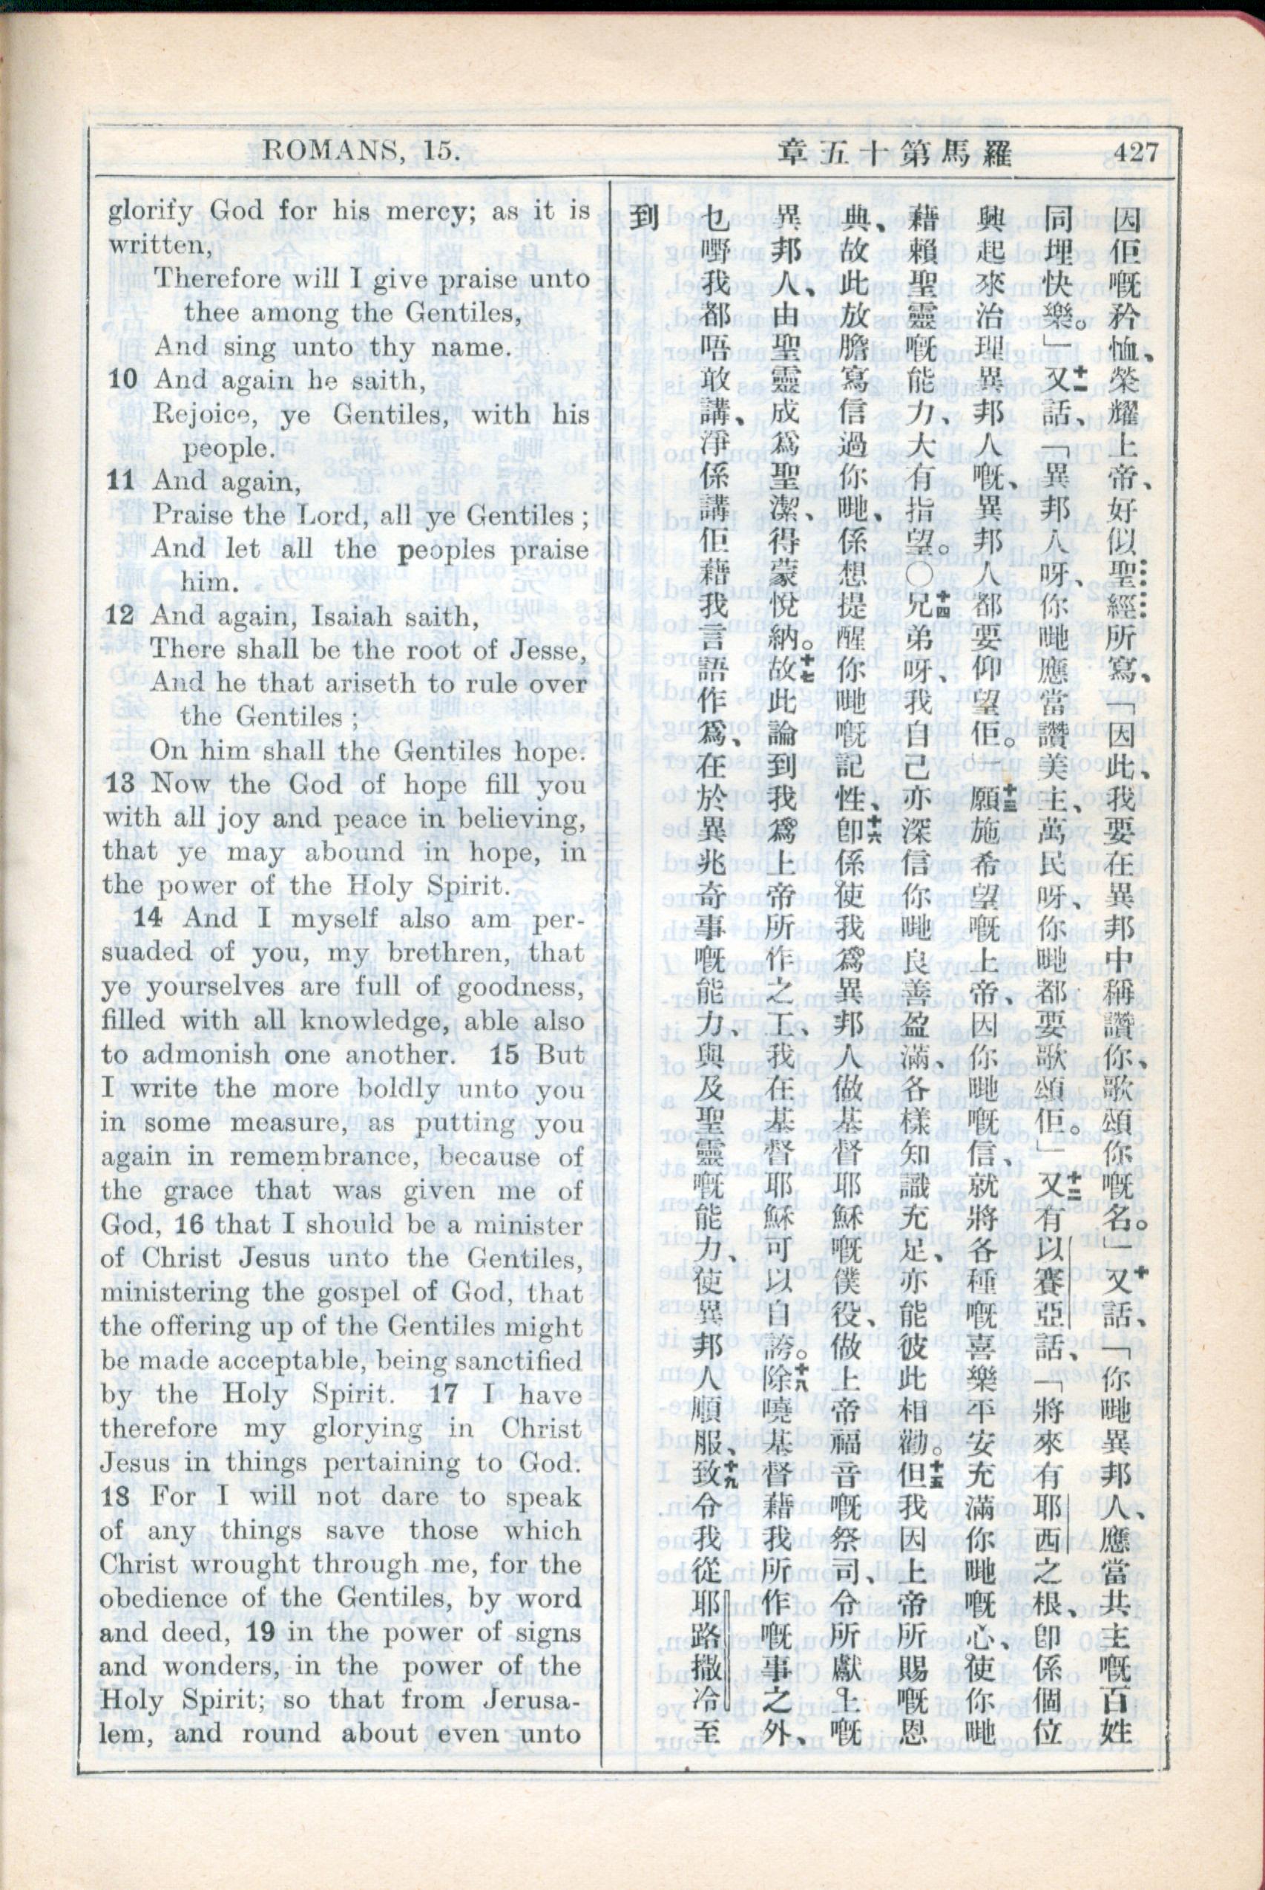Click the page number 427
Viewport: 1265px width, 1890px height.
click(x=1134, y=151)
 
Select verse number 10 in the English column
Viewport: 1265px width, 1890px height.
click(x=123, y=380)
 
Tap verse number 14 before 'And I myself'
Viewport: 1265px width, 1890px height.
click(x=148, y=918)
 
